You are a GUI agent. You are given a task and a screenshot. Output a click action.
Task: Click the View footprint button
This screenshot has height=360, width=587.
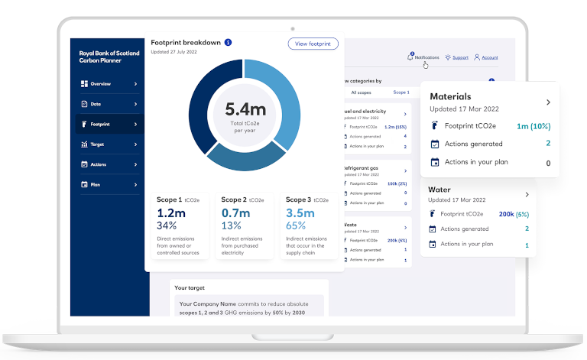313,44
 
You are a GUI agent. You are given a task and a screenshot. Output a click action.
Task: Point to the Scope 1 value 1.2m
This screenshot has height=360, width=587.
171,213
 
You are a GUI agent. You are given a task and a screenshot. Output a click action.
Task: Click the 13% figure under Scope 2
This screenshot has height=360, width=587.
231,225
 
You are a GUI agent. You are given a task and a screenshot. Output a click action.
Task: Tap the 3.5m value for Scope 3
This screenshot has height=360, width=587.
300,213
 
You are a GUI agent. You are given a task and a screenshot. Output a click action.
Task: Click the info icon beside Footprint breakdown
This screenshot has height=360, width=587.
228,43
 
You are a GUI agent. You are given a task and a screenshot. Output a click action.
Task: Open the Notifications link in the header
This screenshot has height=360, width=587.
426,57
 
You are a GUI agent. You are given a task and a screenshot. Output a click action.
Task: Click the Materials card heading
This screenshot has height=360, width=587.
450,97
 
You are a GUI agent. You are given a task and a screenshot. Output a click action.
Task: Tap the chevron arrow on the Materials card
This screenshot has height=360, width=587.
548,102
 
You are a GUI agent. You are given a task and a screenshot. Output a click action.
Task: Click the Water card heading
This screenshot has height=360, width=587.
439,190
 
